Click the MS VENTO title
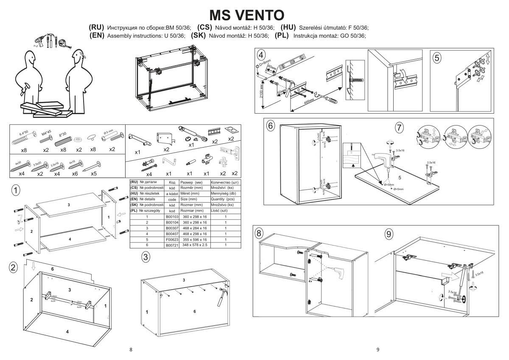pos(247,15)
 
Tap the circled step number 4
pos(262,56)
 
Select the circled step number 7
pos(399,127)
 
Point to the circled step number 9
pos(389,234)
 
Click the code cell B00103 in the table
pos(172,217)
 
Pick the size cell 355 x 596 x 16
pos(195,239)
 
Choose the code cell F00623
pos(172,239)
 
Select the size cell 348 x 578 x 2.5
pos(195,245)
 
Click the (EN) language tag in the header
pos(97,36)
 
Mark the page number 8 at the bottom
pos(131,350)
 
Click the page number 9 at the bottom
pos(378,350)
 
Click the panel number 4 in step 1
pos(70,240)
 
